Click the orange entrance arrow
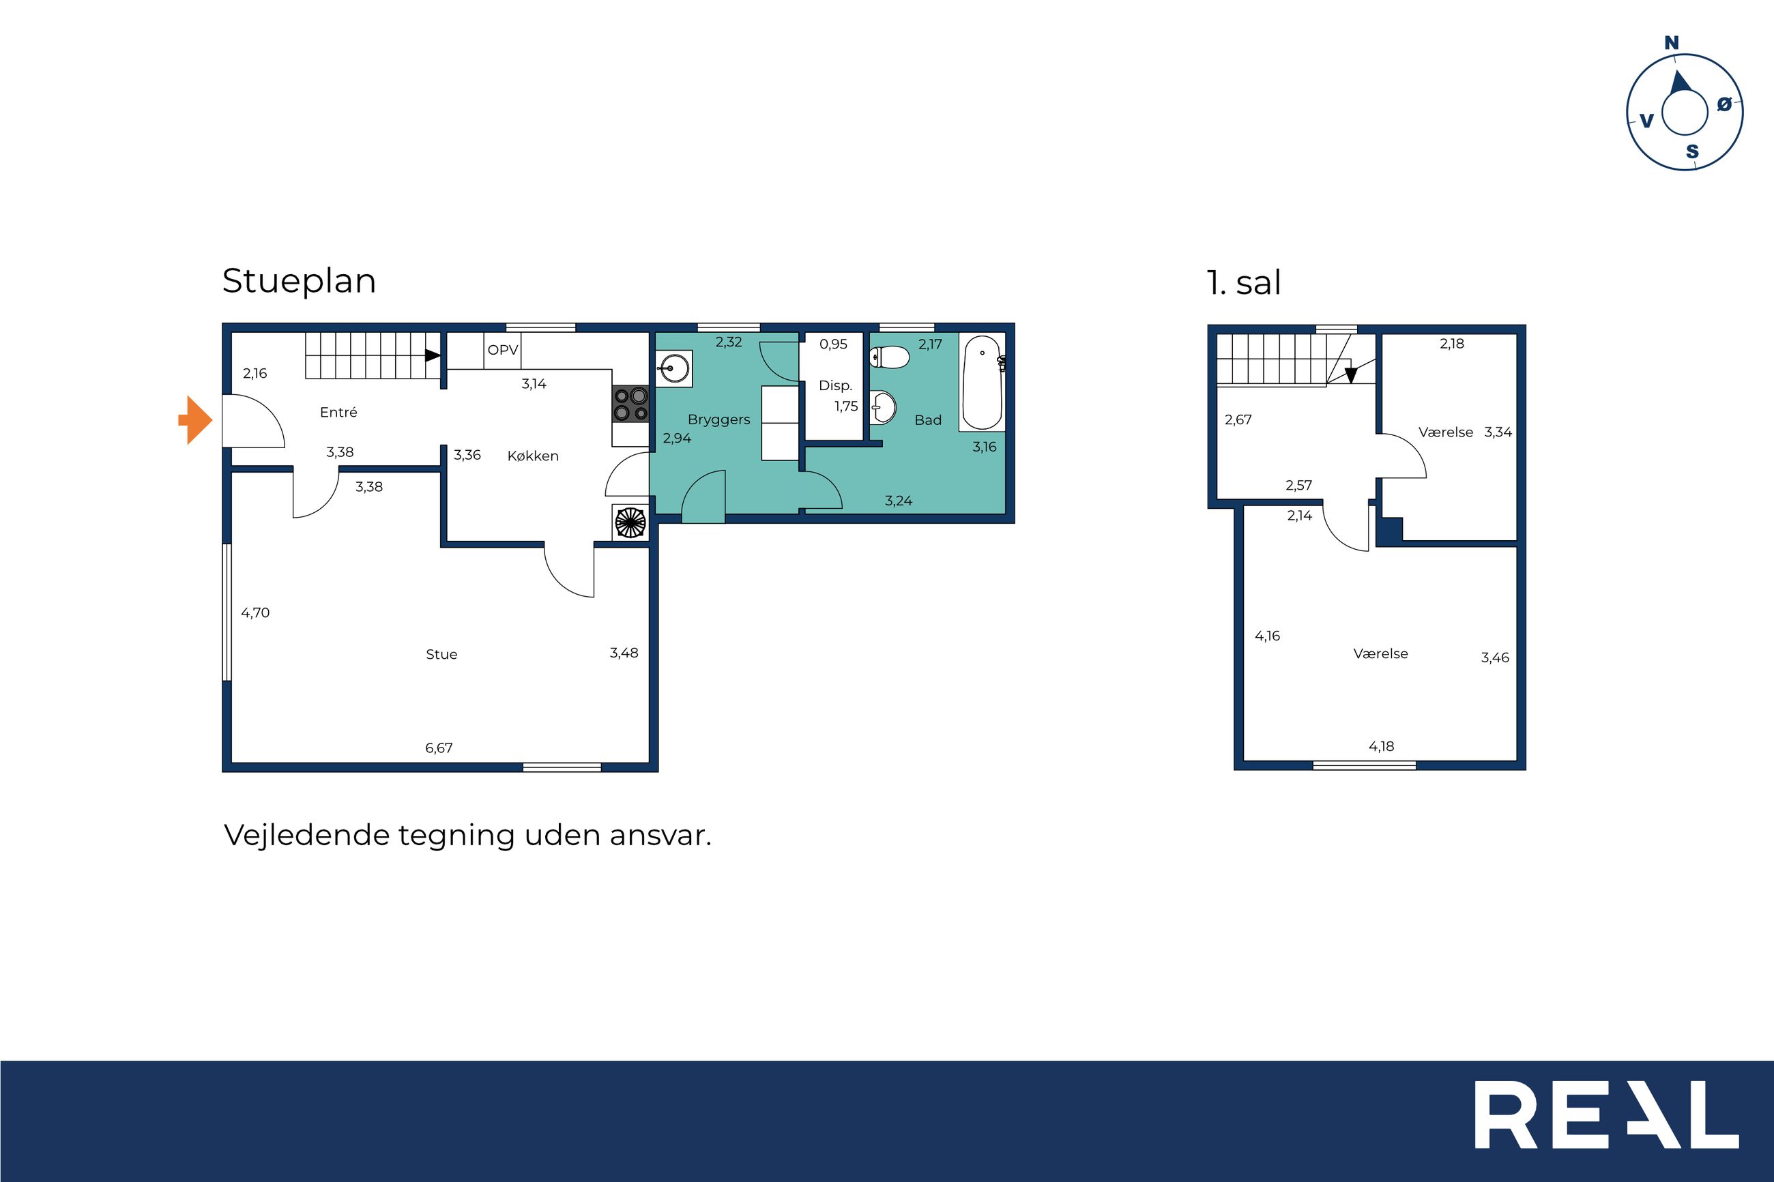point(196,420)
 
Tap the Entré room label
point(338,413)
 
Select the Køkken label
point(533,456)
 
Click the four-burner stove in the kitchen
point(630,404)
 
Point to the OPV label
point(503,350)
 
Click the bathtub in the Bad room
point(983,382)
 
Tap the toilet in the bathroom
point(890,357)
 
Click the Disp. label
point(835,386)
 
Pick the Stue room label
point(442,654)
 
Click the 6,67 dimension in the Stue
point(439,748)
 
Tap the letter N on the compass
point(1672,43)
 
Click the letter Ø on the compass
point(1724,105)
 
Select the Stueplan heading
point(300,281)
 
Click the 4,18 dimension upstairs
point(1381,746)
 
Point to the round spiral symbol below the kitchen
point(631,522)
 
